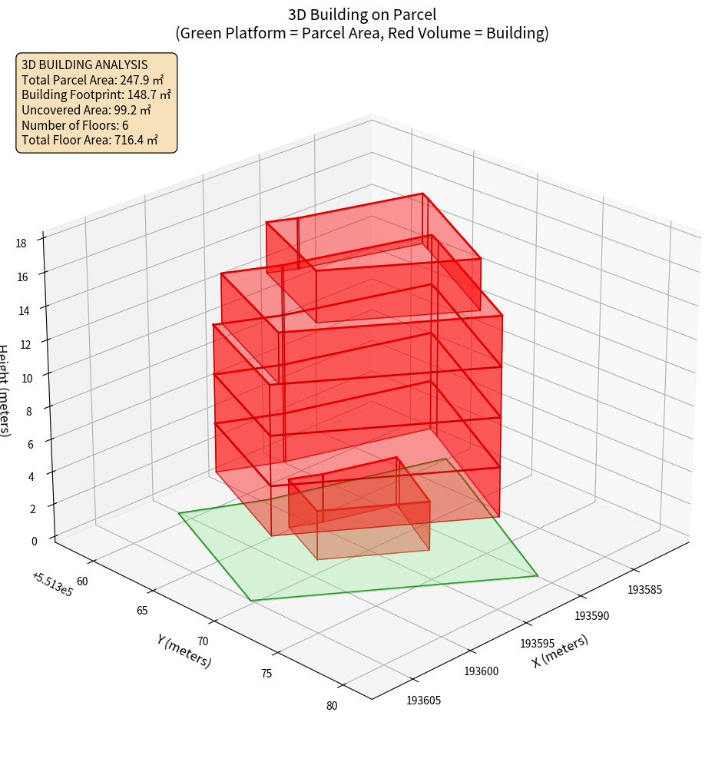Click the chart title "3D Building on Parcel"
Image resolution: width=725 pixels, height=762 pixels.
coord(362,14)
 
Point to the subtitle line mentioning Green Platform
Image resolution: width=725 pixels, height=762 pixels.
coord(362,33)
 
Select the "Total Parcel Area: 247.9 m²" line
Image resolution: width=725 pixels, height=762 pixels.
coord(92,80)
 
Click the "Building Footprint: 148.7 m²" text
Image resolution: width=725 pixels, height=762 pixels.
coord(96,95)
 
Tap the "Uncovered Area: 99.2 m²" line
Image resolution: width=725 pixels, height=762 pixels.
coord(86,110)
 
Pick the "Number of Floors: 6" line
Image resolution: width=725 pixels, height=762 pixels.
coord(74,125)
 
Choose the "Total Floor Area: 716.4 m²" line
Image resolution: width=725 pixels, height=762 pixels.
coord(90,140)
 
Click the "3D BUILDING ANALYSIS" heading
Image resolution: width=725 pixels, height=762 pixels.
coord(84,65)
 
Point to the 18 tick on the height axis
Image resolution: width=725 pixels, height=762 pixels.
coord(21,244)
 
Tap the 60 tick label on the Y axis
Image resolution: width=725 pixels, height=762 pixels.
coord(82,581)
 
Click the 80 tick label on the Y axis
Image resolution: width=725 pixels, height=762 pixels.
coord(331,706)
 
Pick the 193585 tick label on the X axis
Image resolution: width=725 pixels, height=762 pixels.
coord(645,590)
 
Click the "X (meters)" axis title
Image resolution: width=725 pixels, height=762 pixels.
coord(560,651)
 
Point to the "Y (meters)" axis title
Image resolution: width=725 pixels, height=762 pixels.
coord(184,649)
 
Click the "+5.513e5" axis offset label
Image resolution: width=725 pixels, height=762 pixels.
coord(52,583)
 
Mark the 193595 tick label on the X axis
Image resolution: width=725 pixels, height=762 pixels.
coord(538,643)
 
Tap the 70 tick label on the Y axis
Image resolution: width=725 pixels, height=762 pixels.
coord(203,641)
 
